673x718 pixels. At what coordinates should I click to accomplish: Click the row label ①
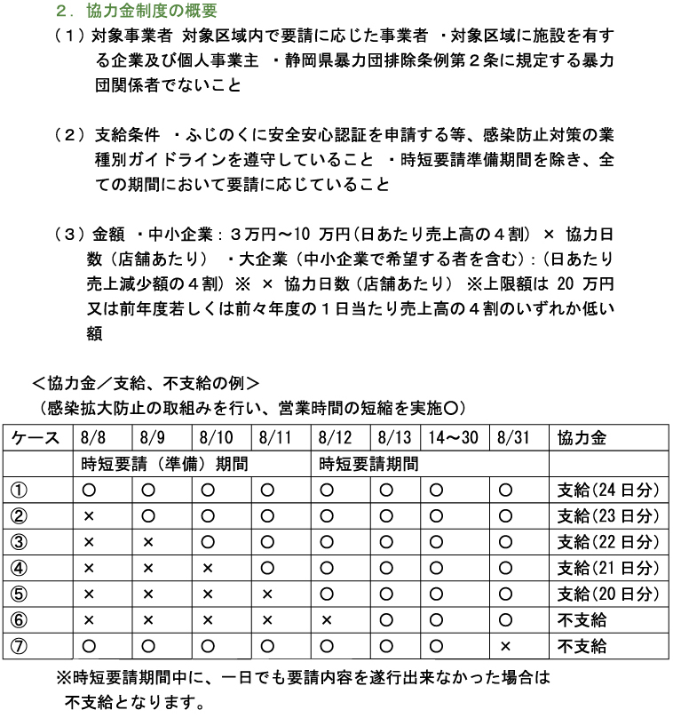pos(18,490)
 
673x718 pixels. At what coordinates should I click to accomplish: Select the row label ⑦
pos(18,645)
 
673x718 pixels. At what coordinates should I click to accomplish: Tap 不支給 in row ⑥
pos(582,619)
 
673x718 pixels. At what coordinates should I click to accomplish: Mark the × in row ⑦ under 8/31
pos(505,645)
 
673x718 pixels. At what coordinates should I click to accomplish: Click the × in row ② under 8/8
pos(89,515)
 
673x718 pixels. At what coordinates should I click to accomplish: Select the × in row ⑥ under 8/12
pos(327,619)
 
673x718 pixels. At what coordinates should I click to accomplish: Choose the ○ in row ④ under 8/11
pos(267,567)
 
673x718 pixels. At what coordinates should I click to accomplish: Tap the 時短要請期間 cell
pos(368,464)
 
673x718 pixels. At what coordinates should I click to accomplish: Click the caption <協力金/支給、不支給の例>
pos(145,384)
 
